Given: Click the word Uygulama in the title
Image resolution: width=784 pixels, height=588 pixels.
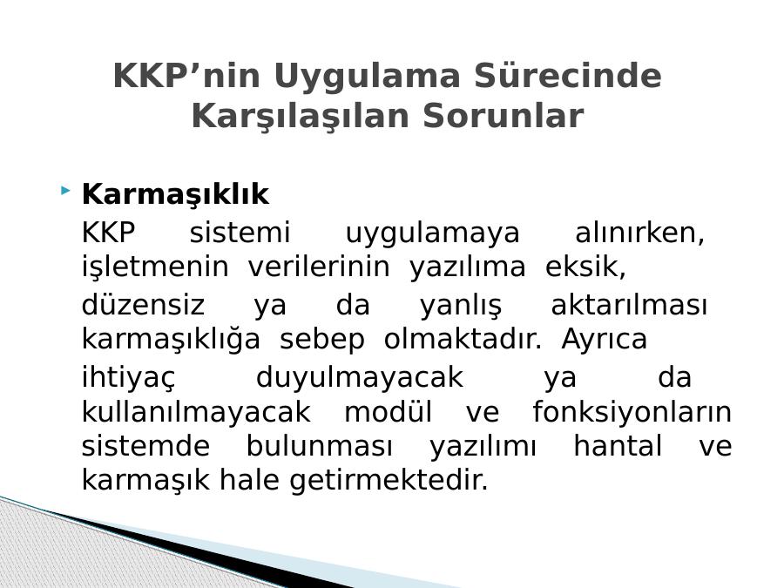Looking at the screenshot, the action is click(367, 77).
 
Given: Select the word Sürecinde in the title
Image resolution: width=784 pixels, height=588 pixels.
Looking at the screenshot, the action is click(568, 76).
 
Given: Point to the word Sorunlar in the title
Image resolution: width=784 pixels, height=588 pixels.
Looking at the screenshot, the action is click(504, 116).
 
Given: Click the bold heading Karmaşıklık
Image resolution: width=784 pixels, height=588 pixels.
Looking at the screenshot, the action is click(175, 194).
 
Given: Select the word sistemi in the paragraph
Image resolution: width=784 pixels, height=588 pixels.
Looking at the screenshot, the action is click(240, 233).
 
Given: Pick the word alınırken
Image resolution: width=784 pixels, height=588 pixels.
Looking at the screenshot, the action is click(640, 233).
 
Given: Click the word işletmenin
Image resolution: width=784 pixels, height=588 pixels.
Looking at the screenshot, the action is click(155, 267).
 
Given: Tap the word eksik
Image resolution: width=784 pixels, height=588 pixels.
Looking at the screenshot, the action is click(585, 267).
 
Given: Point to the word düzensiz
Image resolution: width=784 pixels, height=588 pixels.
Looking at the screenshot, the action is click(143, 305).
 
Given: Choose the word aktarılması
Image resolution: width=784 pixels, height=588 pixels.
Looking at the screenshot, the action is click(629, 305).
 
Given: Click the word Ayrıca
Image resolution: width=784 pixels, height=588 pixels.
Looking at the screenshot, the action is click(604, 340).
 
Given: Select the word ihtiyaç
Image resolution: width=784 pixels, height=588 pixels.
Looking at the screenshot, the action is click(129, 378).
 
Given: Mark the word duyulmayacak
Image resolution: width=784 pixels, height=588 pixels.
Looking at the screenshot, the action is click(360, 378).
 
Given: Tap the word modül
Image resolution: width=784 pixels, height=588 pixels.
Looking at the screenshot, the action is click(388, 412).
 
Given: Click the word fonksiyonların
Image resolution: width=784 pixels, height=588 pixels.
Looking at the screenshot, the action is click(632, 413).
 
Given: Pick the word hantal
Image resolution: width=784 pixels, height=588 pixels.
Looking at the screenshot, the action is click(618, 445).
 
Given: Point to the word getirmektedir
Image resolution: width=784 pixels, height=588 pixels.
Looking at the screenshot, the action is click(389, 480).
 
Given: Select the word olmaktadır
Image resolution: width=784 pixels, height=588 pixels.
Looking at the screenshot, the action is click(463, 339).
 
